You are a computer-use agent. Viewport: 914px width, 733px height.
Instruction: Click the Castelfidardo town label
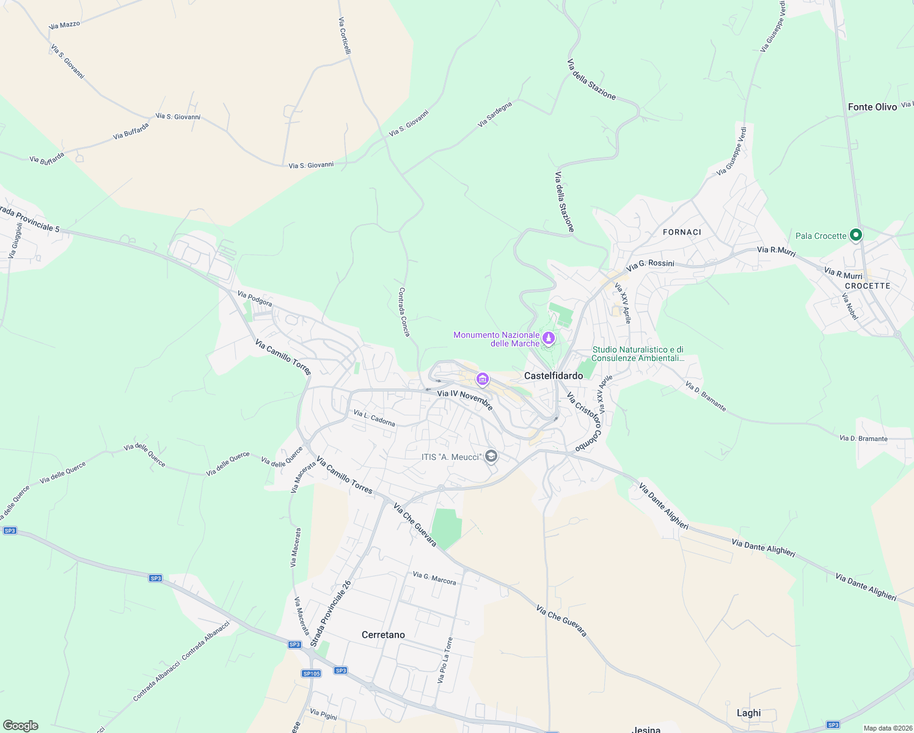(554, 376)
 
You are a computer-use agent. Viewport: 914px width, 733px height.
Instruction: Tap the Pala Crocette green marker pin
(856, 235)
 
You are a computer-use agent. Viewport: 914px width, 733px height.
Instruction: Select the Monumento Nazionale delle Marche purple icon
(549, 338)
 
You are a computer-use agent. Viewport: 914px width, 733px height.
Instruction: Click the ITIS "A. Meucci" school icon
(491, 456)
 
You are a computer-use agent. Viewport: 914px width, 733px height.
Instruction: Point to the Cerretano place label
(383, 635)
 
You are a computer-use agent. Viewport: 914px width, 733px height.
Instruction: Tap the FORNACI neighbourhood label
(682, 232)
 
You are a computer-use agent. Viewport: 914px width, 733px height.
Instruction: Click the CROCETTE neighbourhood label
(868, 286)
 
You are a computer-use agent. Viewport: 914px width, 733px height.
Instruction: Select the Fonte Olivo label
(872, 107)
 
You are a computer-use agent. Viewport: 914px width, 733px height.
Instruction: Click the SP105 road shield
(311, 673)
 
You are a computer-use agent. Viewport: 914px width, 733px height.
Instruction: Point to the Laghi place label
(748, 713)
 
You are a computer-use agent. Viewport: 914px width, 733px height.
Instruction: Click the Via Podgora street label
(255, 299)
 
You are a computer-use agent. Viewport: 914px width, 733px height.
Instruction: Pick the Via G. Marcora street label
(434, 578)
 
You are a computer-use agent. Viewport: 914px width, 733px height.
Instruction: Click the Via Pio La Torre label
(445, 660)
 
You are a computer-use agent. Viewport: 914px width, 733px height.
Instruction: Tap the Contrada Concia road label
(404, 312)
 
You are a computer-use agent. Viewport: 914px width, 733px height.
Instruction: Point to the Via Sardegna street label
(494, 114)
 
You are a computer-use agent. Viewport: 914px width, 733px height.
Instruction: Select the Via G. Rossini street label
(650, 264)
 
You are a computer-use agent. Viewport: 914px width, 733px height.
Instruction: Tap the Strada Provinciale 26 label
(331, 613)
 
